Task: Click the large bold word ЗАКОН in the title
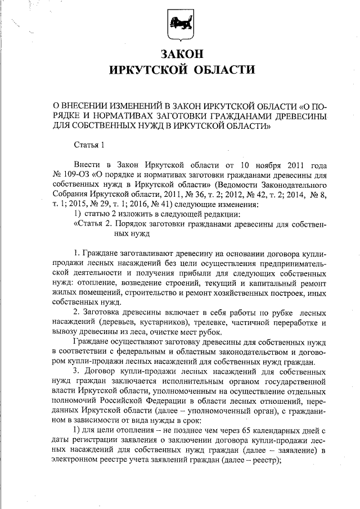pyautogui.click(x=179, y=55)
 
